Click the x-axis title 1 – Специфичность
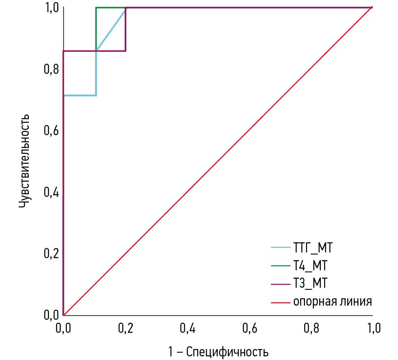click(218, 350)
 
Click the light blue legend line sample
click(280, 247)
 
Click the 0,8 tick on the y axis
click(50, 69)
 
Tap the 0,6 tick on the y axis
click(50, 131)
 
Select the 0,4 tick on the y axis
click(50, 192)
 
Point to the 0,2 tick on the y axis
click(50, 254)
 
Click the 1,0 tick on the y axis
click(50, 8)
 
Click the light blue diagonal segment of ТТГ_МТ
click(110, 29)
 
